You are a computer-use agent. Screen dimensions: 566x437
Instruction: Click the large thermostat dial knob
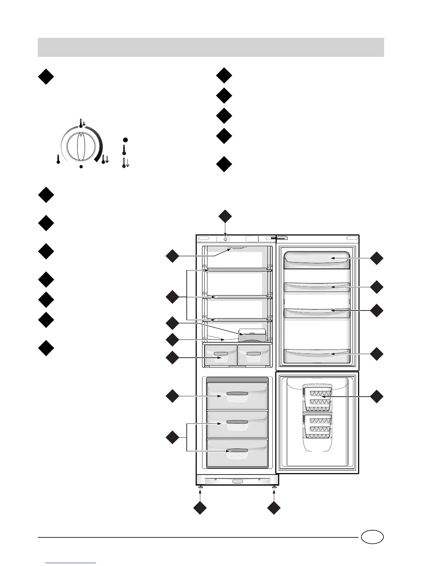pos(81,147)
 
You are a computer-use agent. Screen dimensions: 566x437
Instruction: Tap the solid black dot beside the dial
pos(125,139)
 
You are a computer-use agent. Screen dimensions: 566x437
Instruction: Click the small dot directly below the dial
pos(81,167)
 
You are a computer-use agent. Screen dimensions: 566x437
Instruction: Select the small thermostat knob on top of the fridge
pos(226,239)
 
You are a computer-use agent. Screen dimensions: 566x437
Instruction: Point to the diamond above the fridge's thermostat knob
pos(225,217)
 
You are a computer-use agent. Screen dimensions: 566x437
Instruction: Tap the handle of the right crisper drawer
pos(253,353)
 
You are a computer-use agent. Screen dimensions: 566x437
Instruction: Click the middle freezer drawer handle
pos(237,422)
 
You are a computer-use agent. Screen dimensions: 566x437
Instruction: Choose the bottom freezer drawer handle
pos(237,451)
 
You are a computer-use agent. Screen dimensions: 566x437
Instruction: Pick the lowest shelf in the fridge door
pos(316,354)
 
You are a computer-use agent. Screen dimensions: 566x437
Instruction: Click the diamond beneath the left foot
pos(200,508)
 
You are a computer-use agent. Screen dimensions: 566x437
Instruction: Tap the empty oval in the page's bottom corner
pos(372,537)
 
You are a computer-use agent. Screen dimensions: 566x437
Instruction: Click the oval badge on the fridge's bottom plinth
pos(237,481)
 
